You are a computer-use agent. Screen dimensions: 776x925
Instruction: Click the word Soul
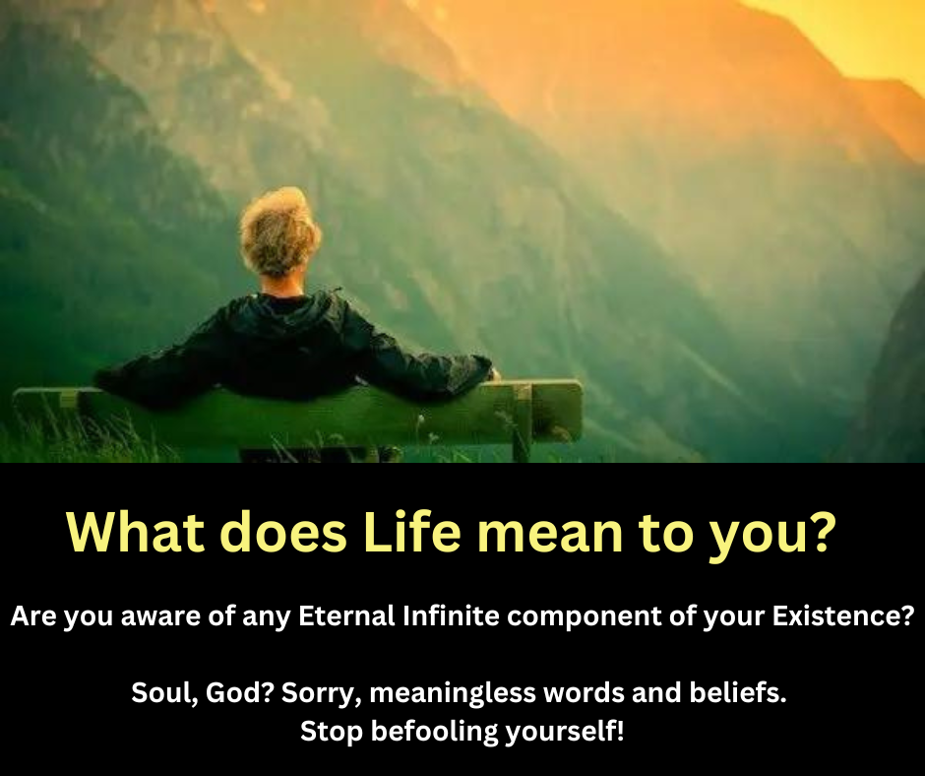[x=158, y=693]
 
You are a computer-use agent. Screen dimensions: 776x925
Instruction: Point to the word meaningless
[x=439, y=693]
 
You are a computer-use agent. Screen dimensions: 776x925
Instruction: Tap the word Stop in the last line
[x=326, y=732]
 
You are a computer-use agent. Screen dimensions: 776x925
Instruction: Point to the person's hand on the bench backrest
[x=491, y=373]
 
